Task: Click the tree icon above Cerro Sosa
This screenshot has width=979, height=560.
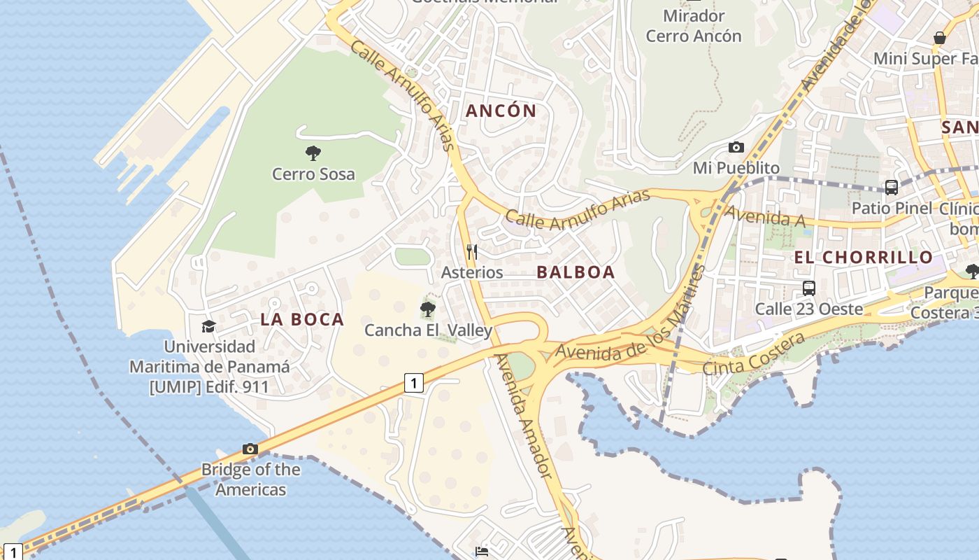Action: [313, 153]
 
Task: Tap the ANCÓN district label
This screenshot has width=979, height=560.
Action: [501, 111]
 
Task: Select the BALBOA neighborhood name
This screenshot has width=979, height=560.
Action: [576, 272]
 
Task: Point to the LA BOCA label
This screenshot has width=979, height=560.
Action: [302, 319]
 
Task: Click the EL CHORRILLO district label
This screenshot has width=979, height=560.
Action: [864, 257]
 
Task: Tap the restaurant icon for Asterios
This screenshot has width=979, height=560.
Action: [472, 251]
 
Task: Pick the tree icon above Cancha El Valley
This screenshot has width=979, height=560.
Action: [428, 309]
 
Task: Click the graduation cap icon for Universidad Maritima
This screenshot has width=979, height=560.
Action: [208, 326]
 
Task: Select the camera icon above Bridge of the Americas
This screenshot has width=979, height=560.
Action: [250, 449]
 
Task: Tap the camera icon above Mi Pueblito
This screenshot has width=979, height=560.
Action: [736, 147]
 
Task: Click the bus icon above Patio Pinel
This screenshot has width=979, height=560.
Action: [892, 188]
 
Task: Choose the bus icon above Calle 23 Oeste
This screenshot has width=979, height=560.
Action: [809, 288]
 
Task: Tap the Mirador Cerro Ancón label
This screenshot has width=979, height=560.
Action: [694, 26]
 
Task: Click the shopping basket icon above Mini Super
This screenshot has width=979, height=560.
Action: [940, 38]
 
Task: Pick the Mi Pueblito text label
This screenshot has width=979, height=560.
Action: [736, 168]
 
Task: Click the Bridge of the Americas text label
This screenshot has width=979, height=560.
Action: [250, 479]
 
